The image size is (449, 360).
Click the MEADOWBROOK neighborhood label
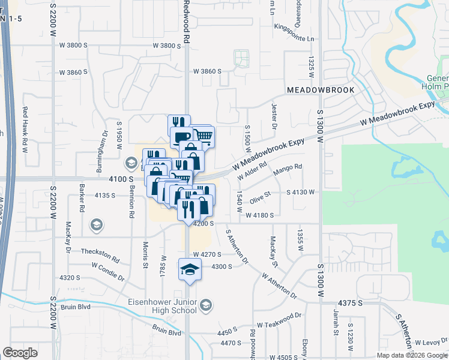click(x=321, y=89)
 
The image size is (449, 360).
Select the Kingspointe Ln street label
click(x=294, y=39)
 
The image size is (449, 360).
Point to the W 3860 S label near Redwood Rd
click(x=207, y=71)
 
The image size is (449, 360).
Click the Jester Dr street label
click(x=274, y=116)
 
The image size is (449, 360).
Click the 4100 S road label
click(x=120, y=179)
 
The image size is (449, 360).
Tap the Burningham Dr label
click(x=104, y=146)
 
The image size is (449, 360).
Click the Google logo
click(x=20, y=353)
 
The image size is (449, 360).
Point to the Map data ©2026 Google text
click(x=411, y=355)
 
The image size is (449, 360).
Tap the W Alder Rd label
click(x=252, y=170)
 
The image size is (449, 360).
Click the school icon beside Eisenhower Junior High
click(x=206, y=306)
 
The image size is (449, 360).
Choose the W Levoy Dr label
click(x=432, y=342)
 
